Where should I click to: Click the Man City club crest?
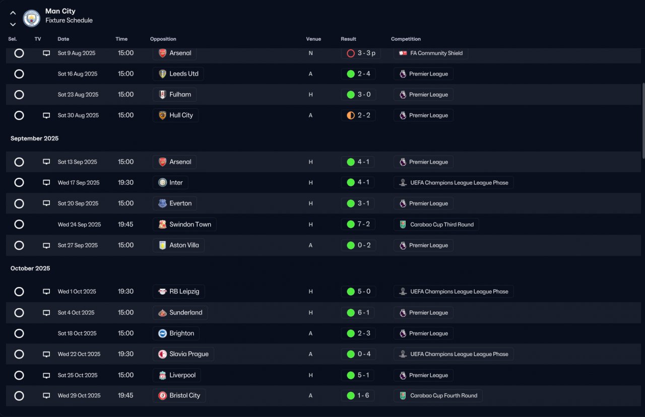point(31,19)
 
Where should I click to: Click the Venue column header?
point(313,39)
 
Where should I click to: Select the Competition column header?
point(406,39)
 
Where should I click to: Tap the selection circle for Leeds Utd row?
point(19,74)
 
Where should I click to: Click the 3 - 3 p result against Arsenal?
point(366,53)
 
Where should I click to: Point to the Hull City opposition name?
point(181,115)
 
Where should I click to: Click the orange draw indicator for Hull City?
point(350,115)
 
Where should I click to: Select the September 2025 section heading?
point(35,138)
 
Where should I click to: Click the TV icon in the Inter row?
point(46,182)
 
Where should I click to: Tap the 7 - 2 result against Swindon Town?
point(364,224)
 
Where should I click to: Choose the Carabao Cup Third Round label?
point(442,225)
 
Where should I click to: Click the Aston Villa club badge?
point(162,245)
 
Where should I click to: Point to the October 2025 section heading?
point(30,268)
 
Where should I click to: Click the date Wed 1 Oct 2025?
point(77,292)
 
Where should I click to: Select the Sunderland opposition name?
point(186,313)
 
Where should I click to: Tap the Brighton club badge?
point(162,333)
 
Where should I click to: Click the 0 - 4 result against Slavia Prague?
point(364,354)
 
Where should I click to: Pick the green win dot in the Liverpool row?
point(350,375)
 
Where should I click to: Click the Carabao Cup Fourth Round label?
point(443,396)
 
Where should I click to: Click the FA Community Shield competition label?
point(436,53)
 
